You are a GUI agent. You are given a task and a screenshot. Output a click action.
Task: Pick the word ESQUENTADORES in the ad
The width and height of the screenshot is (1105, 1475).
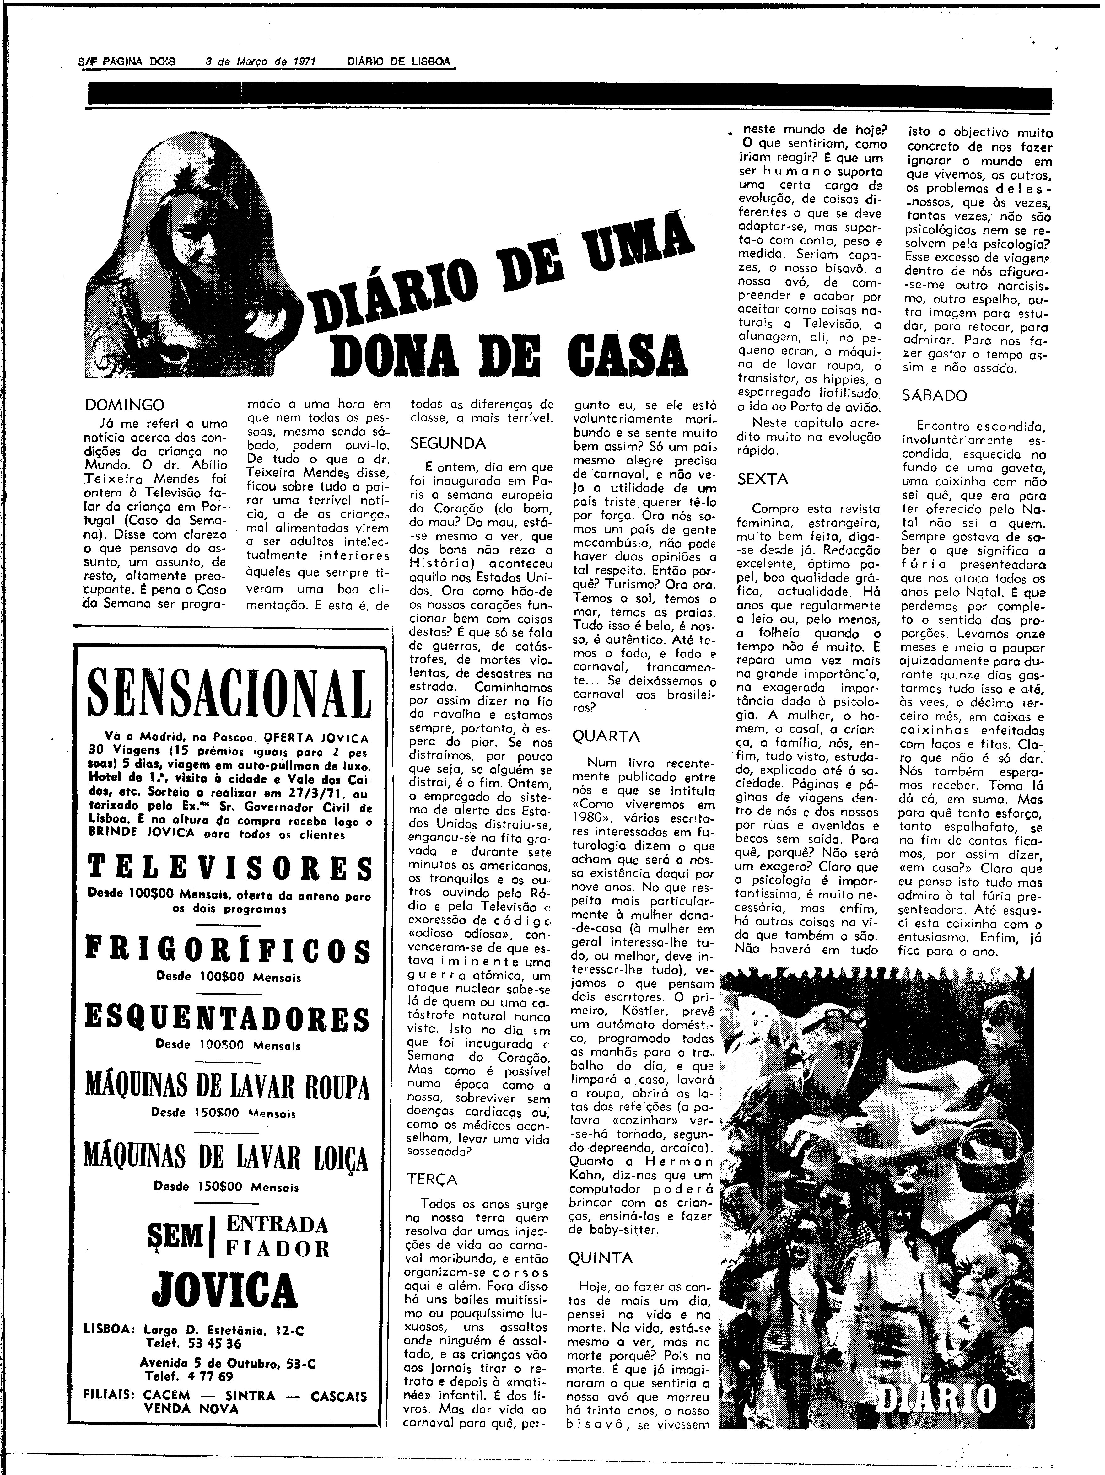pyautogui.click(x=227, y=1020)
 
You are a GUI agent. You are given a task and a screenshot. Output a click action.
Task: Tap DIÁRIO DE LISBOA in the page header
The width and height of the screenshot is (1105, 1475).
pyautogui.click(x=398, y=61)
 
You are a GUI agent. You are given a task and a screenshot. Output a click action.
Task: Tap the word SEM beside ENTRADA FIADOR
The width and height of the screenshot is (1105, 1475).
pyautogui.click(x=175, y=1237)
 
